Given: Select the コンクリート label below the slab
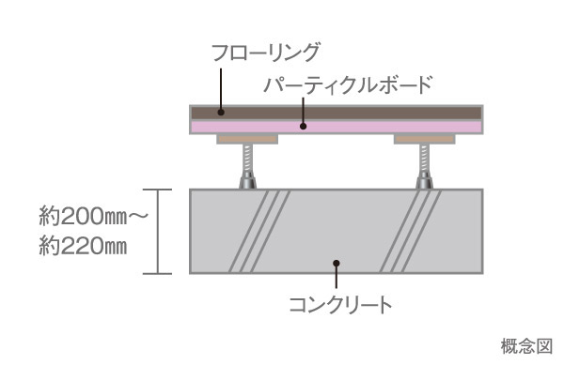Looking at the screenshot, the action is coord(339,304).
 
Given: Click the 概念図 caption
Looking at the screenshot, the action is coord(528,346).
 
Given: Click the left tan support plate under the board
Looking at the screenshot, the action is coord(247,139).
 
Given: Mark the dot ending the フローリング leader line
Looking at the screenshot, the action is coord(222,111).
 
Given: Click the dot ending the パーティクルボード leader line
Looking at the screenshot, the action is coord(304,125).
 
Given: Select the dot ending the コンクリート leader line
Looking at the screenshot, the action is coord(336,265).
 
